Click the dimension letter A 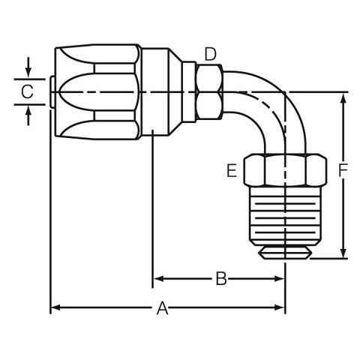click(x=163, y=308)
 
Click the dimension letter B click(x=221, y=278)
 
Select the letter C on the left click(x=27, y=91)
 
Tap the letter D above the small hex click(x=210, y=54)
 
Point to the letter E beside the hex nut click(x=232, y=171)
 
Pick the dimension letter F click(x=343, y=170)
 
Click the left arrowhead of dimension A click(x=55, y=307)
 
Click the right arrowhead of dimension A click(x=280, y=307)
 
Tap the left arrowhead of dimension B click(x=158, y=278)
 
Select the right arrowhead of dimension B click(x=280, y=278)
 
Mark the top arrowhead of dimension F click(x=343, y=98)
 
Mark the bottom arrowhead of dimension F click(x=343, y=253)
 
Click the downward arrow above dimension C click(x=28, y=67)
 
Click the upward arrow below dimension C click(x=28, y=115)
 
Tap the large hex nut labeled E click(x=285, y=170)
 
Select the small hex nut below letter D click(x=209, y=91)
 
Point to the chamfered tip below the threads click(x=285, y=252)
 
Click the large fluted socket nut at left click(x=97, y=91)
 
